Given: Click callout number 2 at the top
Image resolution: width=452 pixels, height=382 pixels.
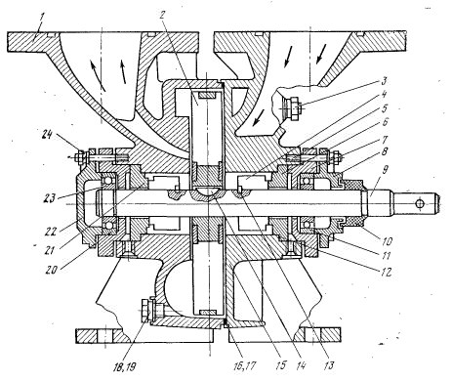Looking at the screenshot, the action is pyautogui.click(x=162, y=15).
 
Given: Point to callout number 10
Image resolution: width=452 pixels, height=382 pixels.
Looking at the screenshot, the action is pyautogui.click(x=388, y=241).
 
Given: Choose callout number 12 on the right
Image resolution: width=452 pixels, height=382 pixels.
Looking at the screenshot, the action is pyautogui.click(x=386, y=272).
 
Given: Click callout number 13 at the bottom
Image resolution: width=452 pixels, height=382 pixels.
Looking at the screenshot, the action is pyautogui.click(x=329, y=365).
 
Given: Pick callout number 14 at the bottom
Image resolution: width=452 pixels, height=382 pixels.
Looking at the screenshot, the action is pyautogui.click(x=301, y=365).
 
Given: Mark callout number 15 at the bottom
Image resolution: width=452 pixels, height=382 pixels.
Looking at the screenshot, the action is pyautogui.click(x=280, y=365).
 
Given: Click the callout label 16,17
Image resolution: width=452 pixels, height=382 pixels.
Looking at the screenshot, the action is pyautogui.click(x=244, y=365).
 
